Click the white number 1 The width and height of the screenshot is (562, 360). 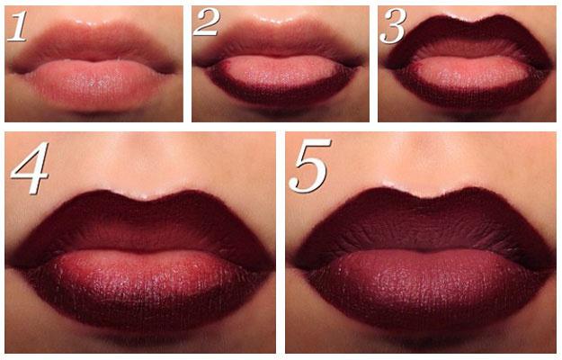pyautogui.click(x=17, y=26)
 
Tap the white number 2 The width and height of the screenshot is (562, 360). pyautogui.click(x=206, y=22)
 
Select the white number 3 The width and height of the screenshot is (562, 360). pyautogui.click(x=393, y=26)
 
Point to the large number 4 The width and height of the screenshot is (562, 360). pyautogui.click(x=30, y=167)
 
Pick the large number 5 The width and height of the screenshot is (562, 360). pyautogui.click(x=309, y=166)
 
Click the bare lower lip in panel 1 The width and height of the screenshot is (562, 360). pyautogui.click(x=94, y=85)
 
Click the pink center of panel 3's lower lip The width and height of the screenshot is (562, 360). pyautogui.click(x=466, y=76)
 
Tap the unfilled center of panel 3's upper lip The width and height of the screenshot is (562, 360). pyautogui.click(x=466, y=49)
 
